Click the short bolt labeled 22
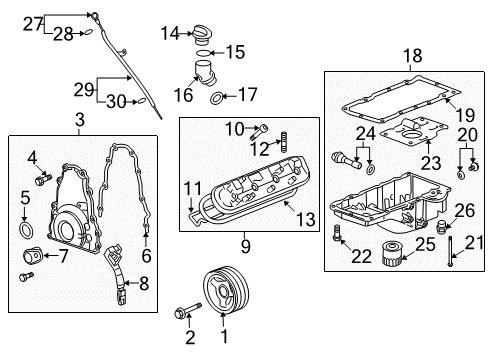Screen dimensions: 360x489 point(336,237)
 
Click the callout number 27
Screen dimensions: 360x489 point(33,24)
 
